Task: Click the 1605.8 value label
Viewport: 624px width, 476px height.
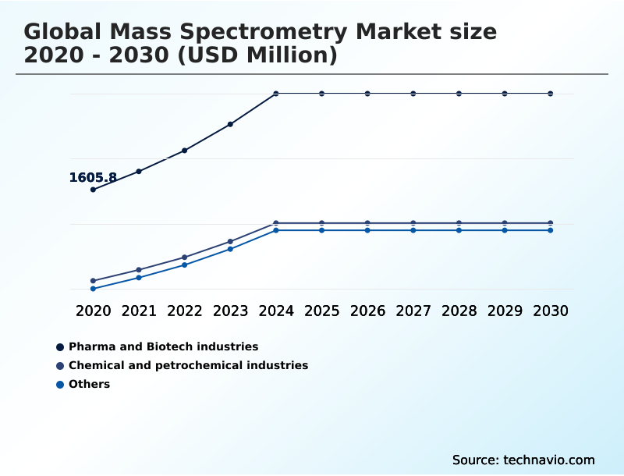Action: point(93,178)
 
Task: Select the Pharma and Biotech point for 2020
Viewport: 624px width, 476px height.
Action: point(94,190)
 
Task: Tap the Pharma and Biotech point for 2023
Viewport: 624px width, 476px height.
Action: point(230,124)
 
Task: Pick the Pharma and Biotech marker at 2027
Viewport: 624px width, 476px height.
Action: point(413,94)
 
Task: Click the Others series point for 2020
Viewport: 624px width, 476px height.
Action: point(94,289)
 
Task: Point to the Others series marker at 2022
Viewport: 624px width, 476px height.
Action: point(185,265)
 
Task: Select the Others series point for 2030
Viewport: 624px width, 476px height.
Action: point(551,230)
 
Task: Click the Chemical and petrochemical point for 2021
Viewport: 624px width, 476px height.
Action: point(139,270)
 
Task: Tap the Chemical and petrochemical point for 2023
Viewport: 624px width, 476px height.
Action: point(230,242)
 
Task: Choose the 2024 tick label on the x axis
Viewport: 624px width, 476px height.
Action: point(276,311)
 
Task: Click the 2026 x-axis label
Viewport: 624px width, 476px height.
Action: point(367,311)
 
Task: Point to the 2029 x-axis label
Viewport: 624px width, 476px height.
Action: point(505,311)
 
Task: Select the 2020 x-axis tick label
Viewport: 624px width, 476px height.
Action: point(94,311)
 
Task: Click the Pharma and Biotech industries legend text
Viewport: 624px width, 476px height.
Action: point(163,346)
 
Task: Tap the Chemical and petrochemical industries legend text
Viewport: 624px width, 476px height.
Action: point(188,365)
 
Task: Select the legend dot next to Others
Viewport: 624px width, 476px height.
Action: point(60,385)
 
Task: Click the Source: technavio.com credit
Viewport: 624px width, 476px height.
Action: point(523,460)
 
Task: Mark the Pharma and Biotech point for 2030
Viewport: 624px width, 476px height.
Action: point(551,94)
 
